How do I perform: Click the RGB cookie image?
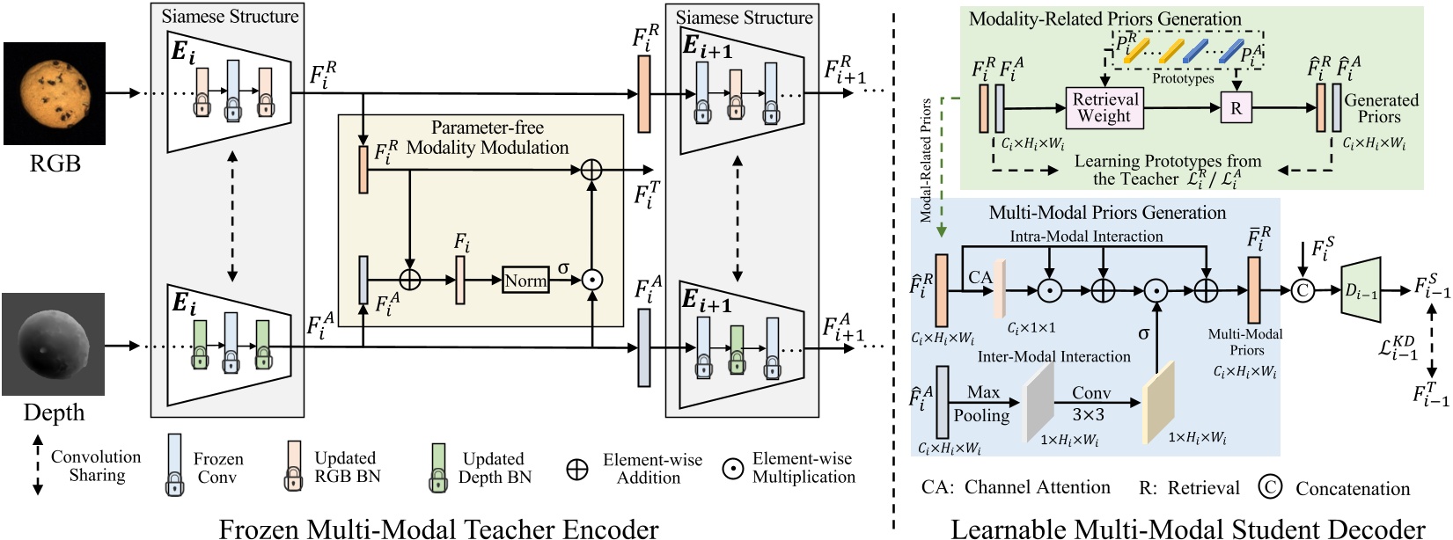point(55,93)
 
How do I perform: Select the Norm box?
point(525,281)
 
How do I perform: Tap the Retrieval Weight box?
point(1104,107)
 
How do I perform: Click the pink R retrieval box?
point(1236,108)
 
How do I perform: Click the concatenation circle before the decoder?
point(1302,290)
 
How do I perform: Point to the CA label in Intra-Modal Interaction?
point(980,277)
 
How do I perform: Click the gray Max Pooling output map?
point(1039,402)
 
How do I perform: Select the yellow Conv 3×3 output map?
point(1158,402)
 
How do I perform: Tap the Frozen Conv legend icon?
point(175,464)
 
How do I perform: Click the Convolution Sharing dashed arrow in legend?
point(37,465)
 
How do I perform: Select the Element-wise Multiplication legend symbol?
point(732,469)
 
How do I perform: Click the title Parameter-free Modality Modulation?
point(487,137)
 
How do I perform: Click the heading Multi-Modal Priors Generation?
point(1106,212)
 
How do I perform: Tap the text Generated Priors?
point(1380,108)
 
